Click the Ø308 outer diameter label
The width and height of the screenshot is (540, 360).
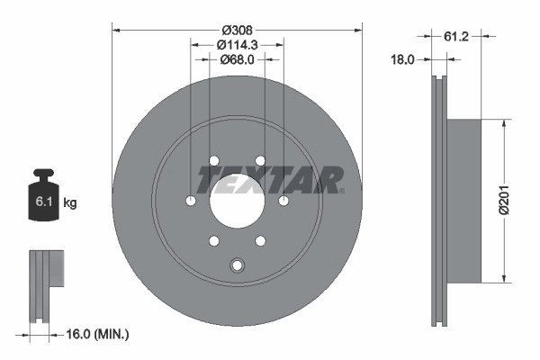(x=237, y=27)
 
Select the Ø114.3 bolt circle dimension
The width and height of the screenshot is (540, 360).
(x=237, y=43)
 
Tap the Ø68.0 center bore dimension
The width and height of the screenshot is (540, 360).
(x=237, y=59)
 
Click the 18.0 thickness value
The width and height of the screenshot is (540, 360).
(x=401, y=60)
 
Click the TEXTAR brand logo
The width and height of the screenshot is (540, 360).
(x=269, y=179)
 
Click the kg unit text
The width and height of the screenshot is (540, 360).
(x=70, y=203)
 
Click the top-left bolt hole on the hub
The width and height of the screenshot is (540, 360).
(x=213, y=161)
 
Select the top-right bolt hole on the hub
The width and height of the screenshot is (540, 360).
(x=259, y=161)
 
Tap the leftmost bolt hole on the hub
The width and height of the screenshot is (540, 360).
(x=191, y=200)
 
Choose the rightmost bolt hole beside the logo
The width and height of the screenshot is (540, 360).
(x=283, y=200)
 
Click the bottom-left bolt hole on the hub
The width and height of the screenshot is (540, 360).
(x=213, y=240)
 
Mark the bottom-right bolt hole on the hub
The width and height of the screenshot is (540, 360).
(x=259, y=240)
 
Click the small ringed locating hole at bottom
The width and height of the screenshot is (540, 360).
(x=237, y=265)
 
